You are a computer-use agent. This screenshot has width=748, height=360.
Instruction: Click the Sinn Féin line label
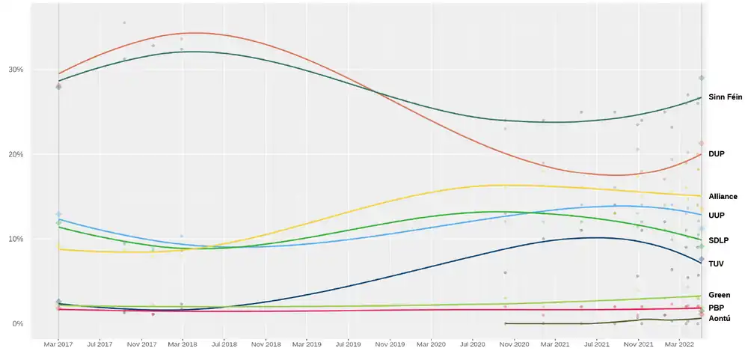[x=725, y=97]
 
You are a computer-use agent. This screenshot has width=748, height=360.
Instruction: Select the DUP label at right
[x=717, y=153]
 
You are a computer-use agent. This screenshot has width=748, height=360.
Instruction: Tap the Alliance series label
[x=723, y=196]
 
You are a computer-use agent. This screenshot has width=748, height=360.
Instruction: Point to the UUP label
[x=717, y=215]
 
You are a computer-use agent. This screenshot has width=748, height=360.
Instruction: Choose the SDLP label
[x=719, y=240]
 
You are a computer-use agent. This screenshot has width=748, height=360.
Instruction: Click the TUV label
[x=716, y=263]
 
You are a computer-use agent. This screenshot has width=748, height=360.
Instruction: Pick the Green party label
[x=719, y=295]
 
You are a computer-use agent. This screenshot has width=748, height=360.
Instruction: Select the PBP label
[x=716, y=308]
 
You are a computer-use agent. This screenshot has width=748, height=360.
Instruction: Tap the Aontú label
[x=720, y=319]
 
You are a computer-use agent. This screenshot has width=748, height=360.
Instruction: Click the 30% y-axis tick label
[x=16, y=70]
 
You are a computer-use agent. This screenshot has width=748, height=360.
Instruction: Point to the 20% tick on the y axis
[x=16, y=154]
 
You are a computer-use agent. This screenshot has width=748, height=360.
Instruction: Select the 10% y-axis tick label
[x=16, y=239]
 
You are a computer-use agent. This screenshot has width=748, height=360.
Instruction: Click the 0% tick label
[x=18, y=323]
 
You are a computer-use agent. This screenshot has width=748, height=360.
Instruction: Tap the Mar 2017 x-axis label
[x=58, y=344]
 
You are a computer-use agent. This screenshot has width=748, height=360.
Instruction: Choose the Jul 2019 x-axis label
[x=348, y=344]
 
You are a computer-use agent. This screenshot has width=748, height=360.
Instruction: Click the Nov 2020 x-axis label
[x=514, y=344]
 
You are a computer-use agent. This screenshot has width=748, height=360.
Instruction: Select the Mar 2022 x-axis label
[x=678, y=344]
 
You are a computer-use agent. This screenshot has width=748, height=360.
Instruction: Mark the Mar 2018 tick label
[x=183, y=344]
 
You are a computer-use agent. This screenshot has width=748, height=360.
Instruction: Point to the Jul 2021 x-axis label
[x=596, y=344]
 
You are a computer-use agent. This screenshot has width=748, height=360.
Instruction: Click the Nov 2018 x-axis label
[x=266, y=344]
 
